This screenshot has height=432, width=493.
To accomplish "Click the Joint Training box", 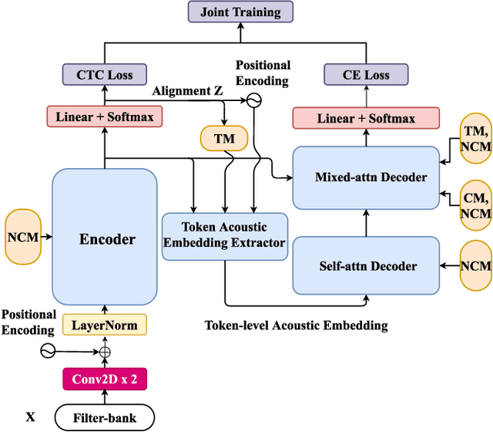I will coord(240,13).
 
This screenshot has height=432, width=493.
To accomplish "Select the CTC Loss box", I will coord(104,75).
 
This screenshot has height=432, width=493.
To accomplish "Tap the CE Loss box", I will coord(366,75).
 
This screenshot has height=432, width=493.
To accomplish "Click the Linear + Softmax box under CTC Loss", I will coord(104,118).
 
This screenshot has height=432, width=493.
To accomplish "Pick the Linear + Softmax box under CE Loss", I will coord(366,118).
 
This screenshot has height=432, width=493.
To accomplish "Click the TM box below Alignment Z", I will coord(225,138).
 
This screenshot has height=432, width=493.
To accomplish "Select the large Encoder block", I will coord(104,238).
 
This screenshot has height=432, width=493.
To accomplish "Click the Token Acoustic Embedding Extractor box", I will coord(224,235).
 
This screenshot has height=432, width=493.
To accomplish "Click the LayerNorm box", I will coord(104,326).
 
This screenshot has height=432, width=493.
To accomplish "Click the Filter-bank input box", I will coord(104,417).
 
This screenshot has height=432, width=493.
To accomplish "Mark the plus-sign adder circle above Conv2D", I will coord(104,353).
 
